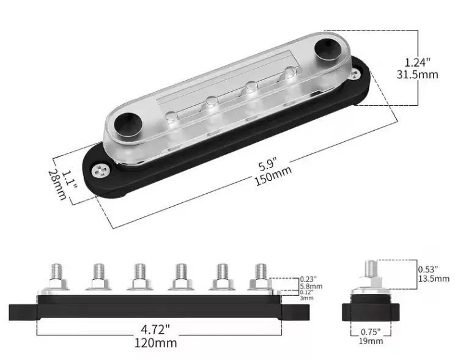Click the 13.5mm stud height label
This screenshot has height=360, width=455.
[434, 278]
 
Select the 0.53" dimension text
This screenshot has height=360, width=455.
[431, 268]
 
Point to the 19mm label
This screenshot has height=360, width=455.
[372, 341]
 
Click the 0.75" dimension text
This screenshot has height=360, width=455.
[372, 331]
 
